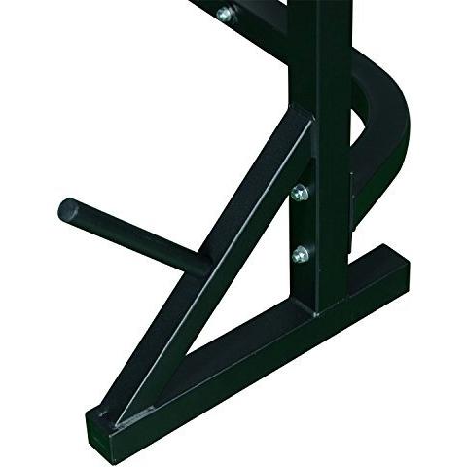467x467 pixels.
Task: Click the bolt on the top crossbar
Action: tap(225, 14)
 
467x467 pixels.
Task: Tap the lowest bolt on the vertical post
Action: tap(301, 255)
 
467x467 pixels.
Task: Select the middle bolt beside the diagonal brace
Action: tap(300, 192)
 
